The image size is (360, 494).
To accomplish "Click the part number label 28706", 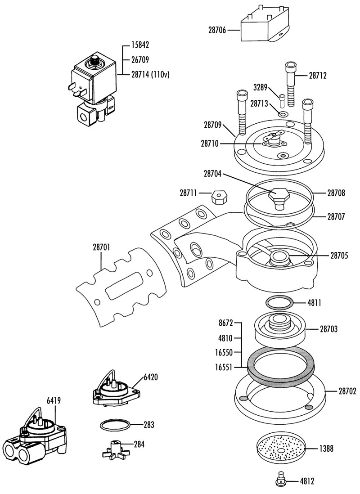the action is click(217, 30).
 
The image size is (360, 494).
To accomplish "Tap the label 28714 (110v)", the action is click(150, 75).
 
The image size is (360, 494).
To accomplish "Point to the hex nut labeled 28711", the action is click(218, 197).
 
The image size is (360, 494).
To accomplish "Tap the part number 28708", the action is click(336, 193).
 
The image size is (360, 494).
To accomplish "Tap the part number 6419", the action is click(54, 401).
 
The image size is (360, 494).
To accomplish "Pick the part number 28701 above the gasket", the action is click(102, 247).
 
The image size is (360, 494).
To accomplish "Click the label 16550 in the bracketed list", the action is click(224, 353).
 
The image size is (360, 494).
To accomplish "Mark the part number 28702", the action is click(347, 391).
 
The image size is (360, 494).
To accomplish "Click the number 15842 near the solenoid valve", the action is click(140, 45).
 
